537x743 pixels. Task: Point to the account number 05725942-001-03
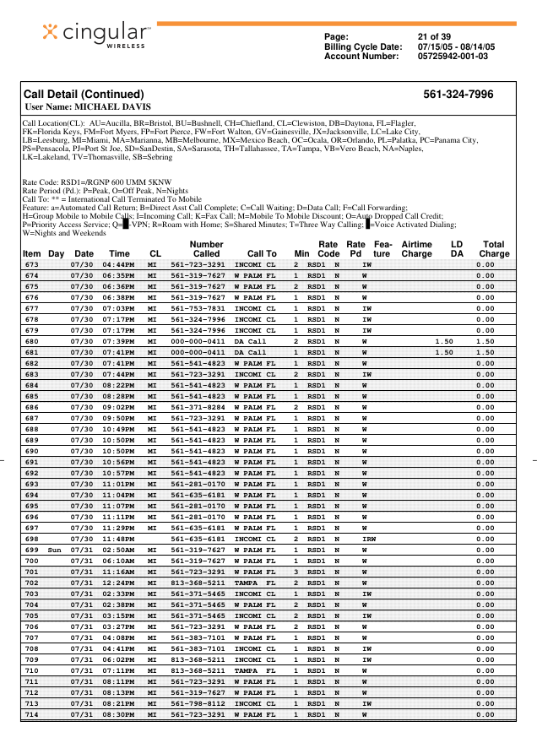(x=453, y=57)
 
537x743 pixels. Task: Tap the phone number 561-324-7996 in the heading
(x=458, y=94)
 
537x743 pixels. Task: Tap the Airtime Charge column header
(x=416, y=248)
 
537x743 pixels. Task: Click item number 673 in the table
(x=31, y=265)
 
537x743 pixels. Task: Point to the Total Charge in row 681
(x=485, y=352)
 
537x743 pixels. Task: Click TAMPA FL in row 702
(x=255, y=583)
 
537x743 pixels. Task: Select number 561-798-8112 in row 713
(x=198, y=703)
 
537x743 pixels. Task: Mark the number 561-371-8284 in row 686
(x=198, y=407)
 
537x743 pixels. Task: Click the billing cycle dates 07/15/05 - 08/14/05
(x=457, y=46)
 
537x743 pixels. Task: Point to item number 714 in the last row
(x=31, y=714)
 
